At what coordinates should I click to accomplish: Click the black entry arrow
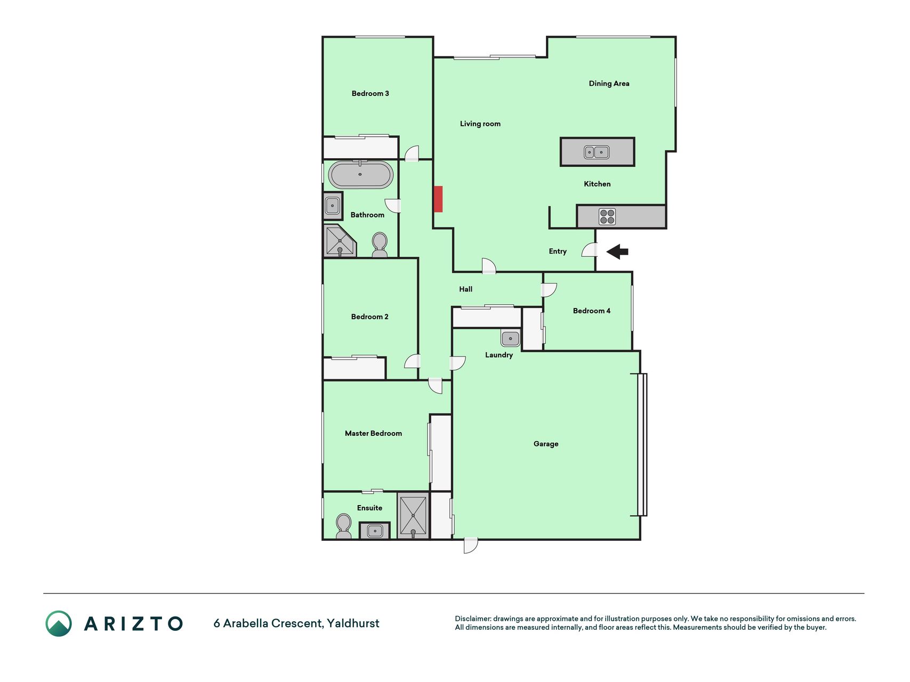(x=617, y=251)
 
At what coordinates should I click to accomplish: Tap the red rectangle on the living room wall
(x=438, y=199)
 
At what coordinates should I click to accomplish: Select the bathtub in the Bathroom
(x=361, y=175)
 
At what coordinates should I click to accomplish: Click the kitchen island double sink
(x=597, y=152)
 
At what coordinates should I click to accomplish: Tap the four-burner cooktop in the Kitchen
(x=607, y=216)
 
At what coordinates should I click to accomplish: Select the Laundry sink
(x=510, y=338)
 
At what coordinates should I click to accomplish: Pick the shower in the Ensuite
(x=413, y=515)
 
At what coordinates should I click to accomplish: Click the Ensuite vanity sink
(x=375, y=531)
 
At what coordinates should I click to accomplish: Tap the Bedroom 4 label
(x=591, y=311)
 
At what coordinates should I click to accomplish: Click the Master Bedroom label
(x=373, y=433)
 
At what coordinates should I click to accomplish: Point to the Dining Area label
(x=609, y=83)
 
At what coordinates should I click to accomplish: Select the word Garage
(x=546, y=443)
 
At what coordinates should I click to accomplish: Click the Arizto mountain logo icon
(x=59, y=623)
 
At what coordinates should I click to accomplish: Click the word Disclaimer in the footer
(x=472, y=619)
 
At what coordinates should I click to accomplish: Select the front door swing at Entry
(x=590, y=249)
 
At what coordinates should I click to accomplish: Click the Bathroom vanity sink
(x=333, y=206)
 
